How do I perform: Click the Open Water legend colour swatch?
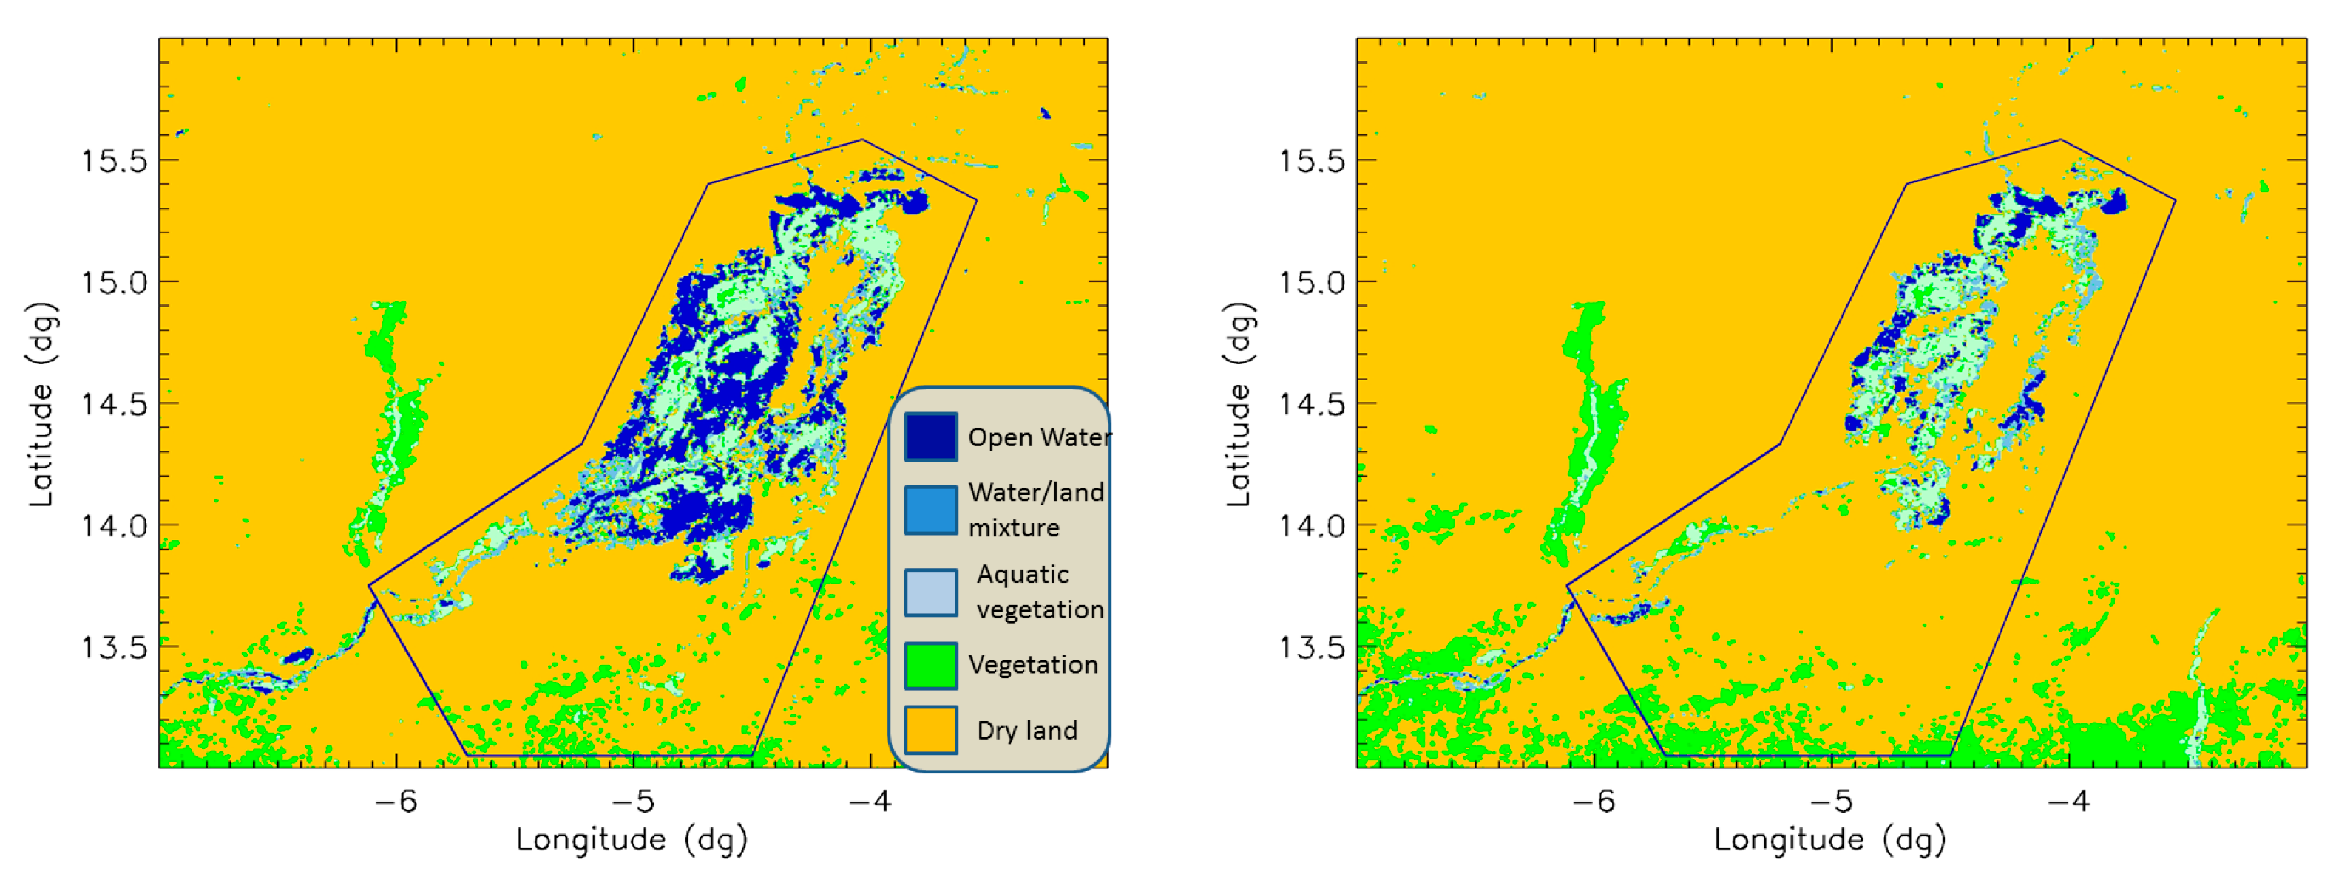pyautogui.click(x=930, y=437)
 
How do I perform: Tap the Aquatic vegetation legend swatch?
pyautogui.click(x=930, y=592)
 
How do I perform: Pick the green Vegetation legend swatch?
pyautogui.click(x=930, y=666)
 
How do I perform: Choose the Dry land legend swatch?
pyautogui.click(x=930, y=731)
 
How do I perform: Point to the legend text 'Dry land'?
pyautogui.click(x=1026, y=731)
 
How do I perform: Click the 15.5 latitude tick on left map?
pyautogui.click(x=115, y=161)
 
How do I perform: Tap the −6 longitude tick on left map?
pyautogui.click(x=396, y=802)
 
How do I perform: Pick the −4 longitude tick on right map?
pyautogui.click(x=2069, y=802)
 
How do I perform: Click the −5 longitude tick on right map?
pyautogui.click(x=1832, y=802)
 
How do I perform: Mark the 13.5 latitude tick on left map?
pyautogui.click(x=115, y=647)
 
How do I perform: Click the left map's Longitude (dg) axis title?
pyautogui.click(x=632, y=840)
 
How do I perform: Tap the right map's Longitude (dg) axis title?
pyautogui.click(x=1830, y=840)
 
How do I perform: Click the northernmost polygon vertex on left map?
pyautogui.click(x=862, y=140)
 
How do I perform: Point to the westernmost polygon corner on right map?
pyautogui.click(x=1567, y=586)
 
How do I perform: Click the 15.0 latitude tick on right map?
pyautogui.click(x=1311, y=283)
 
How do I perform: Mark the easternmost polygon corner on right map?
pyautogui.click(x=2175, y=200)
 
